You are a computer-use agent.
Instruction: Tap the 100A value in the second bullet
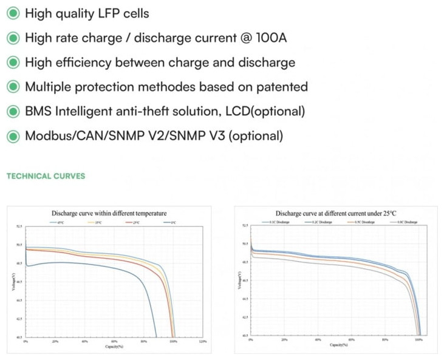tap(269, 38)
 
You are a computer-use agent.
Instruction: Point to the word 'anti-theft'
tap(153, 111)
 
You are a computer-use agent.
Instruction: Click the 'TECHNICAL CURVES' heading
tap(46, 177)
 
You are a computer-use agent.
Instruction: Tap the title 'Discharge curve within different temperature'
tap(109, 214)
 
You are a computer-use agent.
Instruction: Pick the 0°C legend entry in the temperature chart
tap(173, 223)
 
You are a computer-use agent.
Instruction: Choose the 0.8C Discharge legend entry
tap(400, 223)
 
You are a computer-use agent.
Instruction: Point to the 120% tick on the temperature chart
tap(203, 342)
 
